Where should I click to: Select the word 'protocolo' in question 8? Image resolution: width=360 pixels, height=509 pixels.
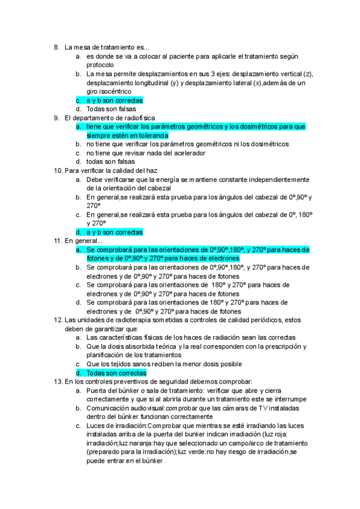tap(100, 65)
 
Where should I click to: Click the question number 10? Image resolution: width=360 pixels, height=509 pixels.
tap(58, 170)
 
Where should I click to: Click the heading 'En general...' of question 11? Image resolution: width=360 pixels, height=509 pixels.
tap(83, 241)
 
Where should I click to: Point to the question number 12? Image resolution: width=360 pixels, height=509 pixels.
tap(58, 320)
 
